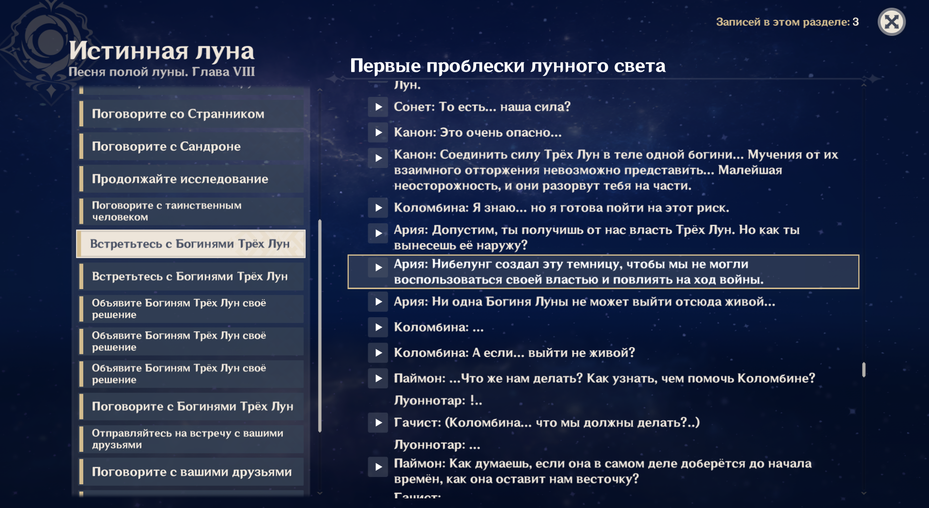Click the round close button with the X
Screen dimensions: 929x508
tap(891, 22)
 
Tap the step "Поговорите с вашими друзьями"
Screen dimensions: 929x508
tap(191, 472)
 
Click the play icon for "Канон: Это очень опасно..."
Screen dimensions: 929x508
tap(378, 132)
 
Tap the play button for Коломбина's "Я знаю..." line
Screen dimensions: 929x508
tap(378, 208)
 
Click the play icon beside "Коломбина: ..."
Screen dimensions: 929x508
tap(378, 327)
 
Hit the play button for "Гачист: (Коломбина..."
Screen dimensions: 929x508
tap(378, 423)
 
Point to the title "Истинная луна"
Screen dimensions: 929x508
tap(161, 51)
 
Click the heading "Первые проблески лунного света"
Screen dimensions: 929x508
tap(508, 66)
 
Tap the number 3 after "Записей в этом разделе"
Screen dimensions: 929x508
tap(856, 22)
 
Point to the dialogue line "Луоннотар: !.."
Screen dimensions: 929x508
tap(438, 400)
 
